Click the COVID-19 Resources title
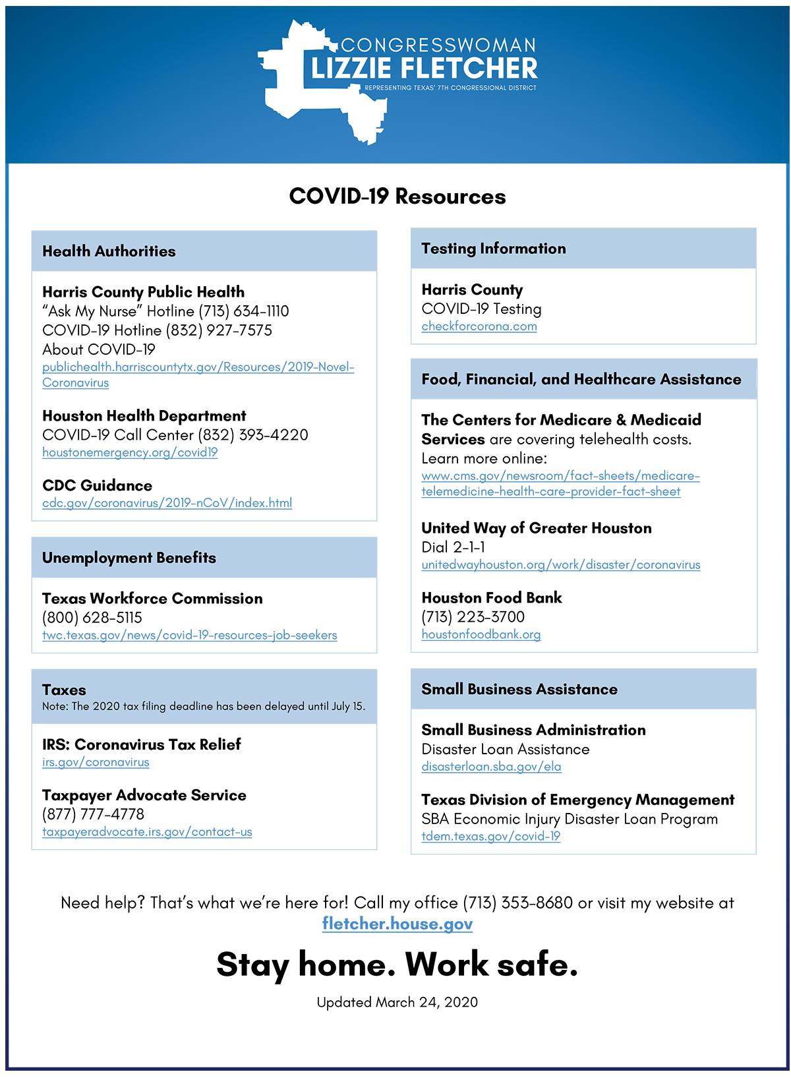[397, 196]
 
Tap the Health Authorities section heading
[109, 251]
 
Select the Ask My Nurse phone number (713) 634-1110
[244, 311]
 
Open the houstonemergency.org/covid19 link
[130, 452]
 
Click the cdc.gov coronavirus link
[167, 503]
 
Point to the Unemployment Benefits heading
[129, 558]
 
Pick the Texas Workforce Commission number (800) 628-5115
[92, 618]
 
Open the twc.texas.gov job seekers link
[189, 636]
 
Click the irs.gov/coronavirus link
[96, 762]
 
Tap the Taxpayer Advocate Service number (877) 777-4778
[93, 814]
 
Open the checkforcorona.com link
[479, 326]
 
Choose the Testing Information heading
[494, 249]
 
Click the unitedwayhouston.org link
[561, 565]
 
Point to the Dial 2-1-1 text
[454, 547]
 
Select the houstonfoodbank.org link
[481, 634]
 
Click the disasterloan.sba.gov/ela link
[491, 767]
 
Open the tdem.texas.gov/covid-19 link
[491, 837]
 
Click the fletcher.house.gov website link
[397, 924]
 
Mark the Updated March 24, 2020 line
[397, 1002]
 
